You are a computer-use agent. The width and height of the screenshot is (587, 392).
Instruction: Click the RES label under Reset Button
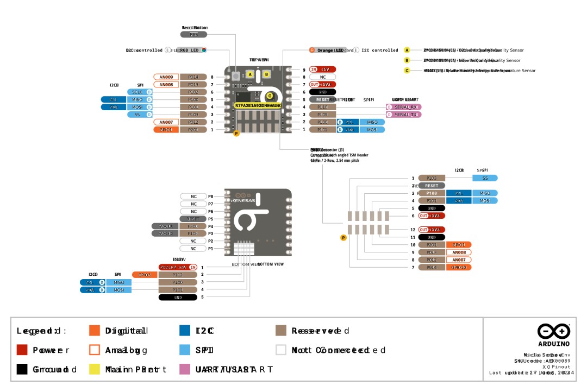[x=193, y=34]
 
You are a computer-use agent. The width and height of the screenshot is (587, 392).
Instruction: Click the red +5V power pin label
[x=323, y=69]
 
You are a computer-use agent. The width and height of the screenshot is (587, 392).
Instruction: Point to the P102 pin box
[x=193, y=92]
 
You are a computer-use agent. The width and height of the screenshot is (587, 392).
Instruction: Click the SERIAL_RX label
[x=404, y=107]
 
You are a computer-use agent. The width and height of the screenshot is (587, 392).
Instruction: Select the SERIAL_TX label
[x=404, y=115]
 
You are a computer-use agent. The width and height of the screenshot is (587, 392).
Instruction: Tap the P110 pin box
[x=323, y=107]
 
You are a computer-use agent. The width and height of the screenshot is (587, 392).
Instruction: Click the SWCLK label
[x=165, y=226]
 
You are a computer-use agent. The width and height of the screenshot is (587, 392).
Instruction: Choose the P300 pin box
[x=193, y=226]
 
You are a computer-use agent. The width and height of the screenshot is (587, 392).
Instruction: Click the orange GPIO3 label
[x=145, y=275]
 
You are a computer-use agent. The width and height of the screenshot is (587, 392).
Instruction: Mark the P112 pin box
[x=178, y=275]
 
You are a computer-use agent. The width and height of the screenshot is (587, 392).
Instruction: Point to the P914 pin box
[x=432, y=267]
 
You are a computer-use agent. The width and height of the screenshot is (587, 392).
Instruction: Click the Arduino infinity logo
[x=554, y=331]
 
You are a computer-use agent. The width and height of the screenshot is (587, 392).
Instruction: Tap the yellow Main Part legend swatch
[x=95, y=369]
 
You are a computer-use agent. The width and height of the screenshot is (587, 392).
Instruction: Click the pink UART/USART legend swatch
[x=185, y=369]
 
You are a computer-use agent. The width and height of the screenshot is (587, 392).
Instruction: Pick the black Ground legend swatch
[x=22, y=369]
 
